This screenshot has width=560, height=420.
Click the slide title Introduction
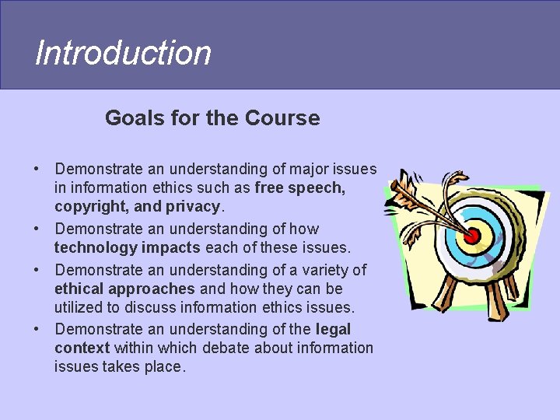pyautogui.click(x=123, y=53)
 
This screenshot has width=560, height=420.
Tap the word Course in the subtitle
pyautogui.click(x=282, y=118)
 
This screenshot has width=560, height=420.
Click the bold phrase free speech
pyautogui.click(x=300, y=187)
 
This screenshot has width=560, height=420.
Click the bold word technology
pyautogui.click(x=96, y=247)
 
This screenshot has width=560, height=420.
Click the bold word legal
pyautogui.click(x=334, y=329)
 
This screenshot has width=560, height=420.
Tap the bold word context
pyautogui.click(x=82, y=348)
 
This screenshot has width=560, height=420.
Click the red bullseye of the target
pyautogui.click(x=472, y=235)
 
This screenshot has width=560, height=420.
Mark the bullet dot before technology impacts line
pyautogui.click(x=37, y=229)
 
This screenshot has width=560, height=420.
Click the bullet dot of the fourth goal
pyautogui.click(x=37, y=330)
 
